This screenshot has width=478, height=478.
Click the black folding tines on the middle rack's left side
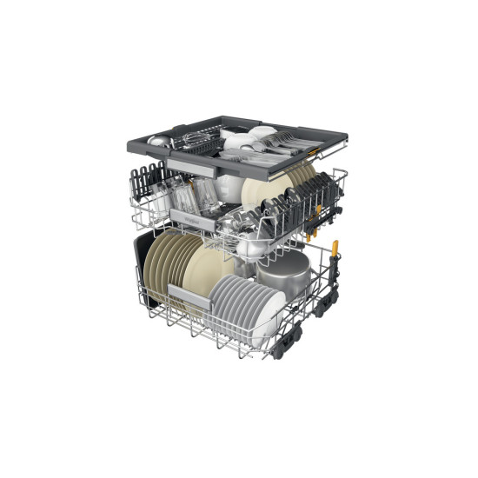coord(143,179)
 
